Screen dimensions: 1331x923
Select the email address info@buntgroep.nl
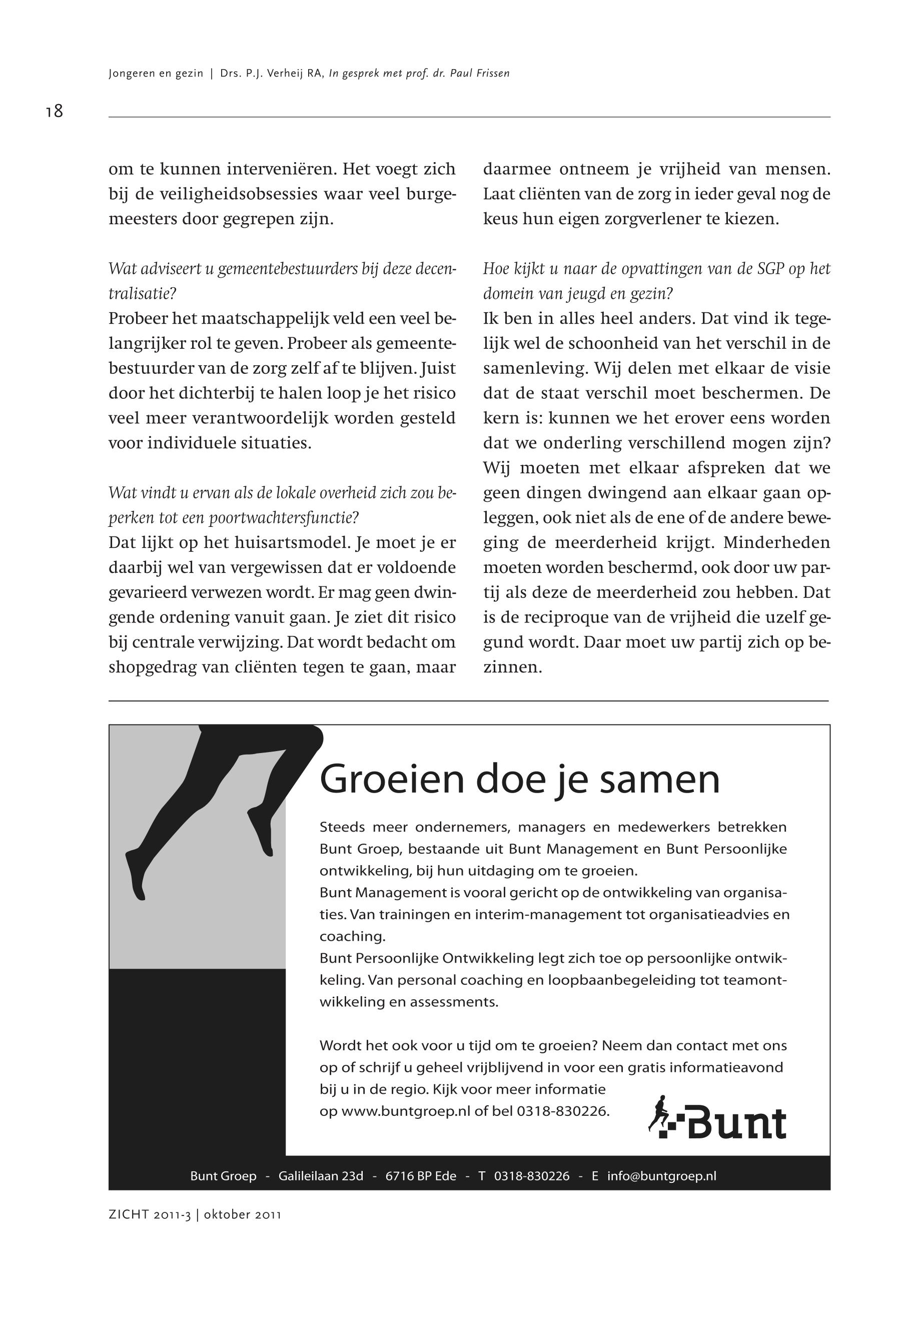(661, 1176)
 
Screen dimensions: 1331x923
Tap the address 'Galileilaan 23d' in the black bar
(321, 1176)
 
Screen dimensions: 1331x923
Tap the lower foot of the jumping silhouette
(137, 878)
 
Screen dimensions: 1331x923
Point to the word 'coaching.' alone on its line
(352, 937)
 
